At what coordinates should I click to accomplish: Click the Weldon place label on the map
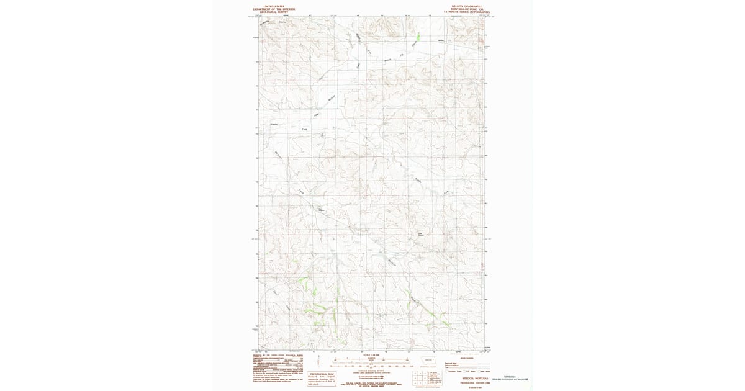(x=442, y=42)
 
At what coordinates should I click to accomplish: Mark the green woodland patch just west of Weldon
(x=417, y=37)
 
